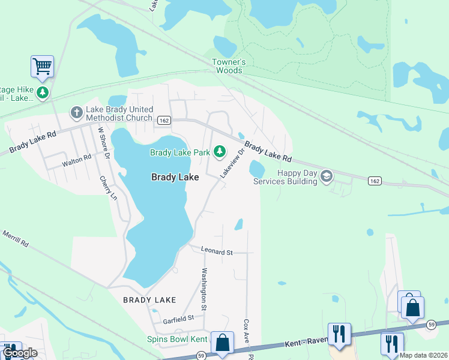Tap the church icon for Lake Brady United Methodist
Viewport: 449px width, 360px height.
tap(76, 112)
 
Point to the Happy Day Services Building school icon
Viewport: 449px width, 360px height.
tap(327, 176)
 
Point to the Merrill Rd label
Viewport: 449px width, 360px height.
tap(14, 239)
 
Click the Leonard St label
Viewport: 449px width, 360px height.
tap(217, 253)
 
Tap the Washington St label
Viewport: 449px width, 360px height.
tap(204, 289)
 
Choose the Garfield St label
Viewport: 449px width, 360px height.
tap(182, 317)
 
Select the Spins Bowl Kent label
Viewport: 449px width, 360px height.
tap(177, 339)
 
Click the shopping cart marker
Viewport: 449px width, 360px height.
tap(42, 65)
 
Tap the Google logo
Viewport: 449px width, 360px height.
tap(20, 353)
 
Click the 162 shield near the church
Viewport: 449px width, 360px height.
tap(163, 121)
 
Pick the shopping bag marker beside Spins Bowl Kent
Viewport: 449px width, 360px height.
tap(222, 343)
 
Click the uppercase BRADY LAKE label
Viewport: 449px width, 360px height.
tap(149, 299)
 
